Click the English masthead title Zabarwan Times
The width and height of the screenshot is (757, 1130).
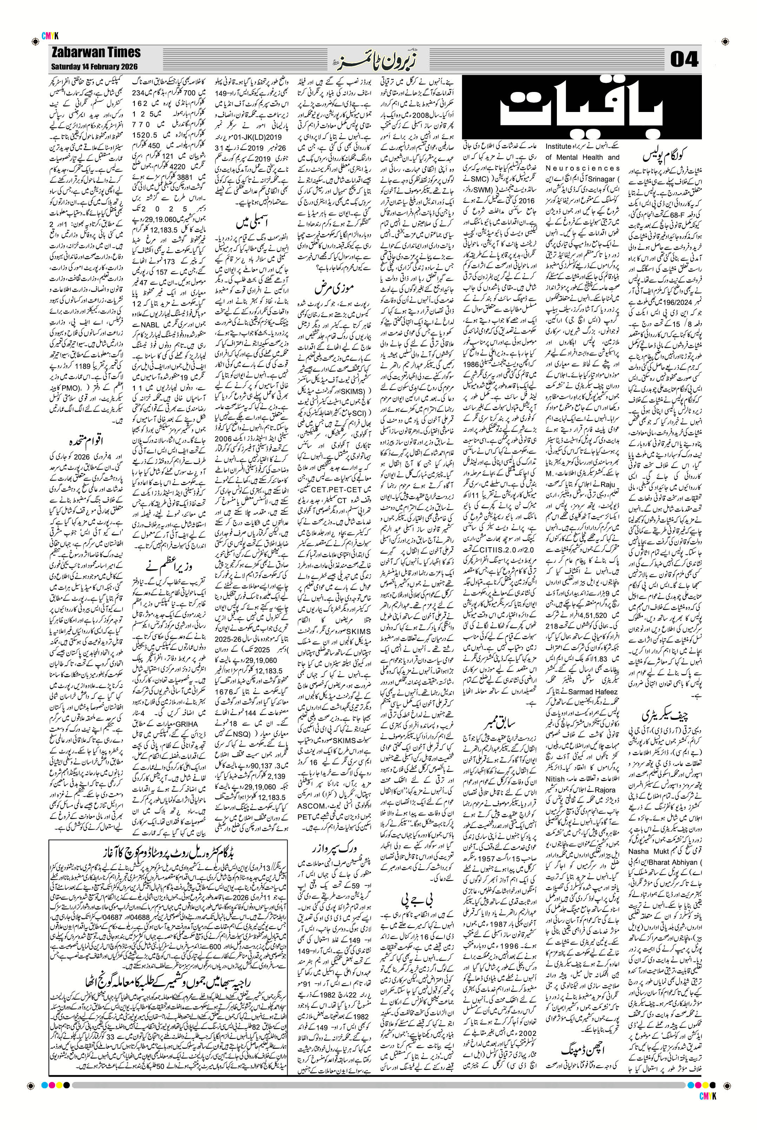(95, 52)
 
